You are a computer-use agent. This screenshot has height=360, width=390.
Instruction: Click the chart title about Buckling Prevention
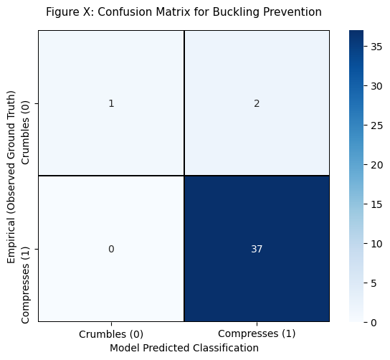point(184,12)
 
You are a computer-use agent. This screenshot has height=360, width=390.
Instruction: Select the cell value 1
point(111,103)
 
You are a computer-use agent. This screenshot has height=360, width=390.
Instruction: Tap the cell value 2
point(257,103)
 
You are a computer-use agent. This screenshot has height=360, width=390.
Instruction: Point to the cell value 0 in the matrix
point(111,249)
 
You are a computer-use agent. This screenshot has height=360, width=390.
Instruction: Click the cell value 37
point(257,249)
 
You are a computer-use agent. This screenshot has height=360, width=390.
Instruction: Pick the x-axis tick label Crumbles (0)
point(111,334)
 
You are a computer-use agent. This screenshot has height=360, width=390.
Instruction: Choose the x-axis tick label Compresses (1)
point(257,333)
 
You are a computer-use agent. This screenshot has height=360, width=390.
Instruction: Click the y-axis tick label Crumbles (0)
point(25,133)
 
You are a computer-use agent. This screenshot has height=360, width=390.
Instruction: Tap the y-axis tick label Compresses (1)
point(25,285)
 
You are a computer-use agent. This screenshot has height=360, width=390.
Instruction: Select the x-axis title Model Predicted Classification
point(184,348)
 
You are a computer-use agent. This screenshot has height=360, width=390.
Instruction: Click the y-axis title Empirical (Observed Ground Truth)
point(11,177)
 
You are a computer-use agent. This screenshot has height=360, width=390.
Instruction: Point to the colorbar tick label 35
point(376,47)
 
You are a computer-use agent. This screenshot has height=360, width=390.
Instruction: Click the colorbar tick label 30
point(376,86)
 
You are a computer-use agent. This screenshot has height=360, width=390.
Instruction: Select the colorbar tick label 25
point(376,125)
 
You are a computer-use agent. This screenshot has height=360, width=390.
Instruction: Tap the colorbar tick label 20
point(376,165)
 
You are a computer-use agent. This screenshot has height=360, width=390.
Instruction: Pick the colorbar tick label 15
point(376,204)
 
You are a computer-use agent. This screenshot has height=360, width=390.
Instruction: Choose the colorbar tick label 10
point(376,244)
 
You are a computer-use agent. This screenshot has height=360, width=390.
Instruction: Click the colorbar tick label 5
point(374,283)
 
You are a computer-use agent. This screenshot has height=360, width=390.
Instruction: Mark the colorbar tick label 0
point(374,323)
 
